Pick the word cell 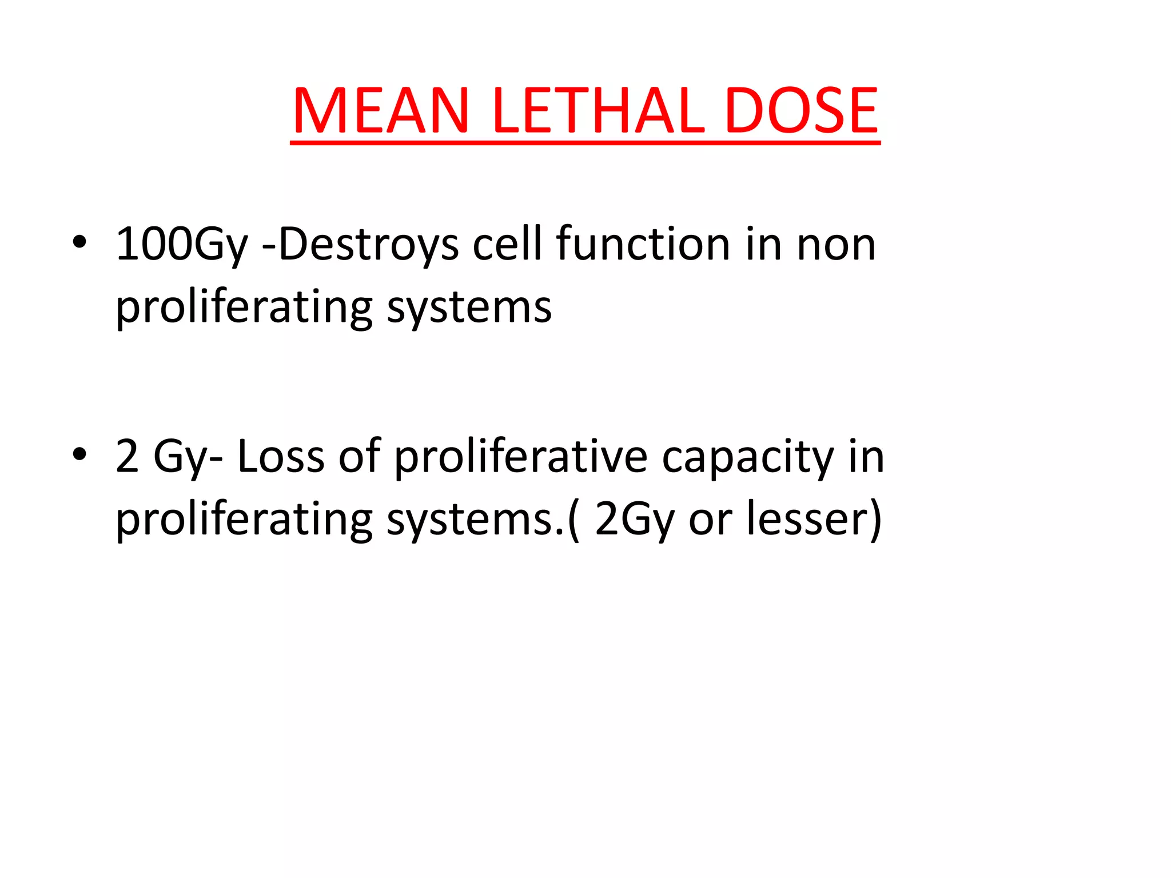[507, 244]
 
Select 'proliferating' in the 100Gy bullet [244, 308]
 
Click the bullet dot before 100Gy [79, 242]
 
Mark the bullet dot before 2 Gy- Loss [79, 454]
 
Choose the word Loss [281, 457]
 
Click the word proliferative [521, 457]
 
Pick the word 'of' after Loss [359, 457]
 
